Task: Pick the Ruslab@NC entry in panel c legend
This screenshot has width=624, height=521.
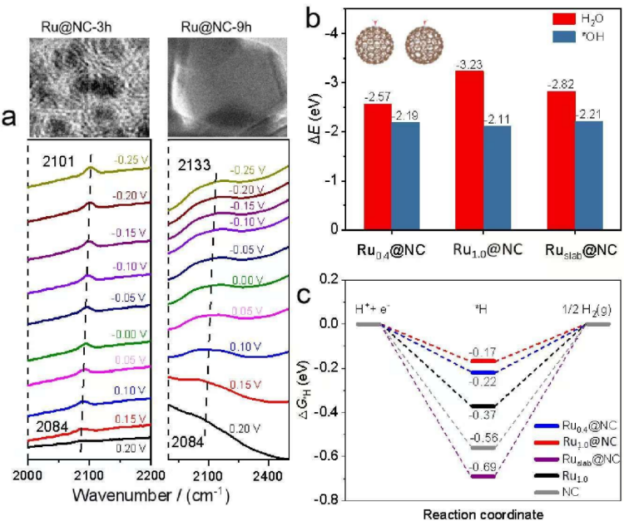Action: [583, 458]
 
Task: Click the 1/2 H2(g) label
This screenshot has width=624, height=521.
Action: [587, 311]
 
